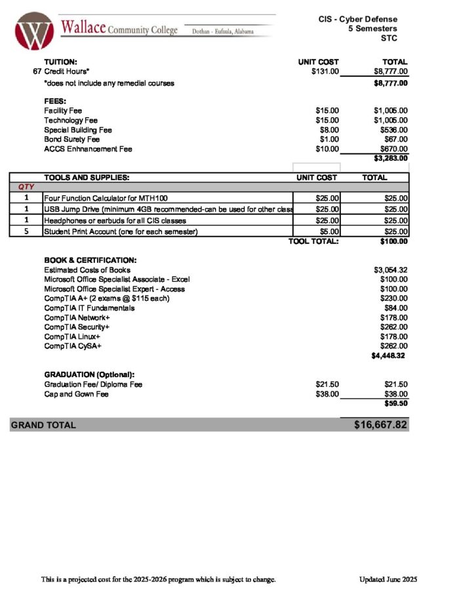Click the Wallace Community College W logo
tap(33, 31)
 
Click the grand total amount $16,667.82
tap(380, 425)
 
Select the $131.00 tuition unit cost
tap(325, 71)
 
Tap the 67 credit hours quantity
tap(37, 71)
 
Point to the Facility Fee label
tap(63, 111)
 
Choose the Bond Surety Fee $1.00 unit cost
tap(329, 140)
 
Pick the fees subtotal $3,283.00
tap(391, 158)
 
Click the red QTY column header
tap(26, 188)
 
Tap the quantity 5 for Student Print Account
tap(26, 231)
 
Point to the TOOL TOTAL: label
tap(313, 241)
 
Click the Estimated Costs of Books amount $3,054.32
tap(390, 270)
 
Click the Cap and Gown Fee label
tap(76, 395)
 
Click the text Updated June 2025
tap(388, 580)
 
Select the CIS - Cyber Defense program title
tap(363, 19)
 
